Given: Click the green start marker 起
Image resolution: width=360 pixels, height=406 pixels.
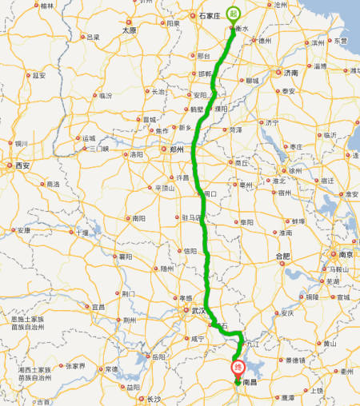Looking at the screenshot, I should coord(233,14).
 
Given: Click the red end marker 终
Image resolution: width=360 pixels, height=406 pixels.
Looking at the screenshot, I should coord(238,368).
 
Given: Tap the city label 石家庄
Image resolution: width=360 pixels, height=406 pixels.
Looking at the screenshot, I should coord(210,14).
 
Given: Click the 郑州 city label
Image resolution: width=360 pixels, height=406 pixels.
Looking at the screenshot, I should coord(177,149).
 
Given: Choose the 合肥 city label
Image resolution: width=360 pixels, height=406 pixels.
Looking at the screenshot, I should coord(283,256).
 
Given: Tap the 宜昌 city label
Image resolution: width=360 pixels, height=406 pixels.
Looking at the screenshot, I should coord(98,307).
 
